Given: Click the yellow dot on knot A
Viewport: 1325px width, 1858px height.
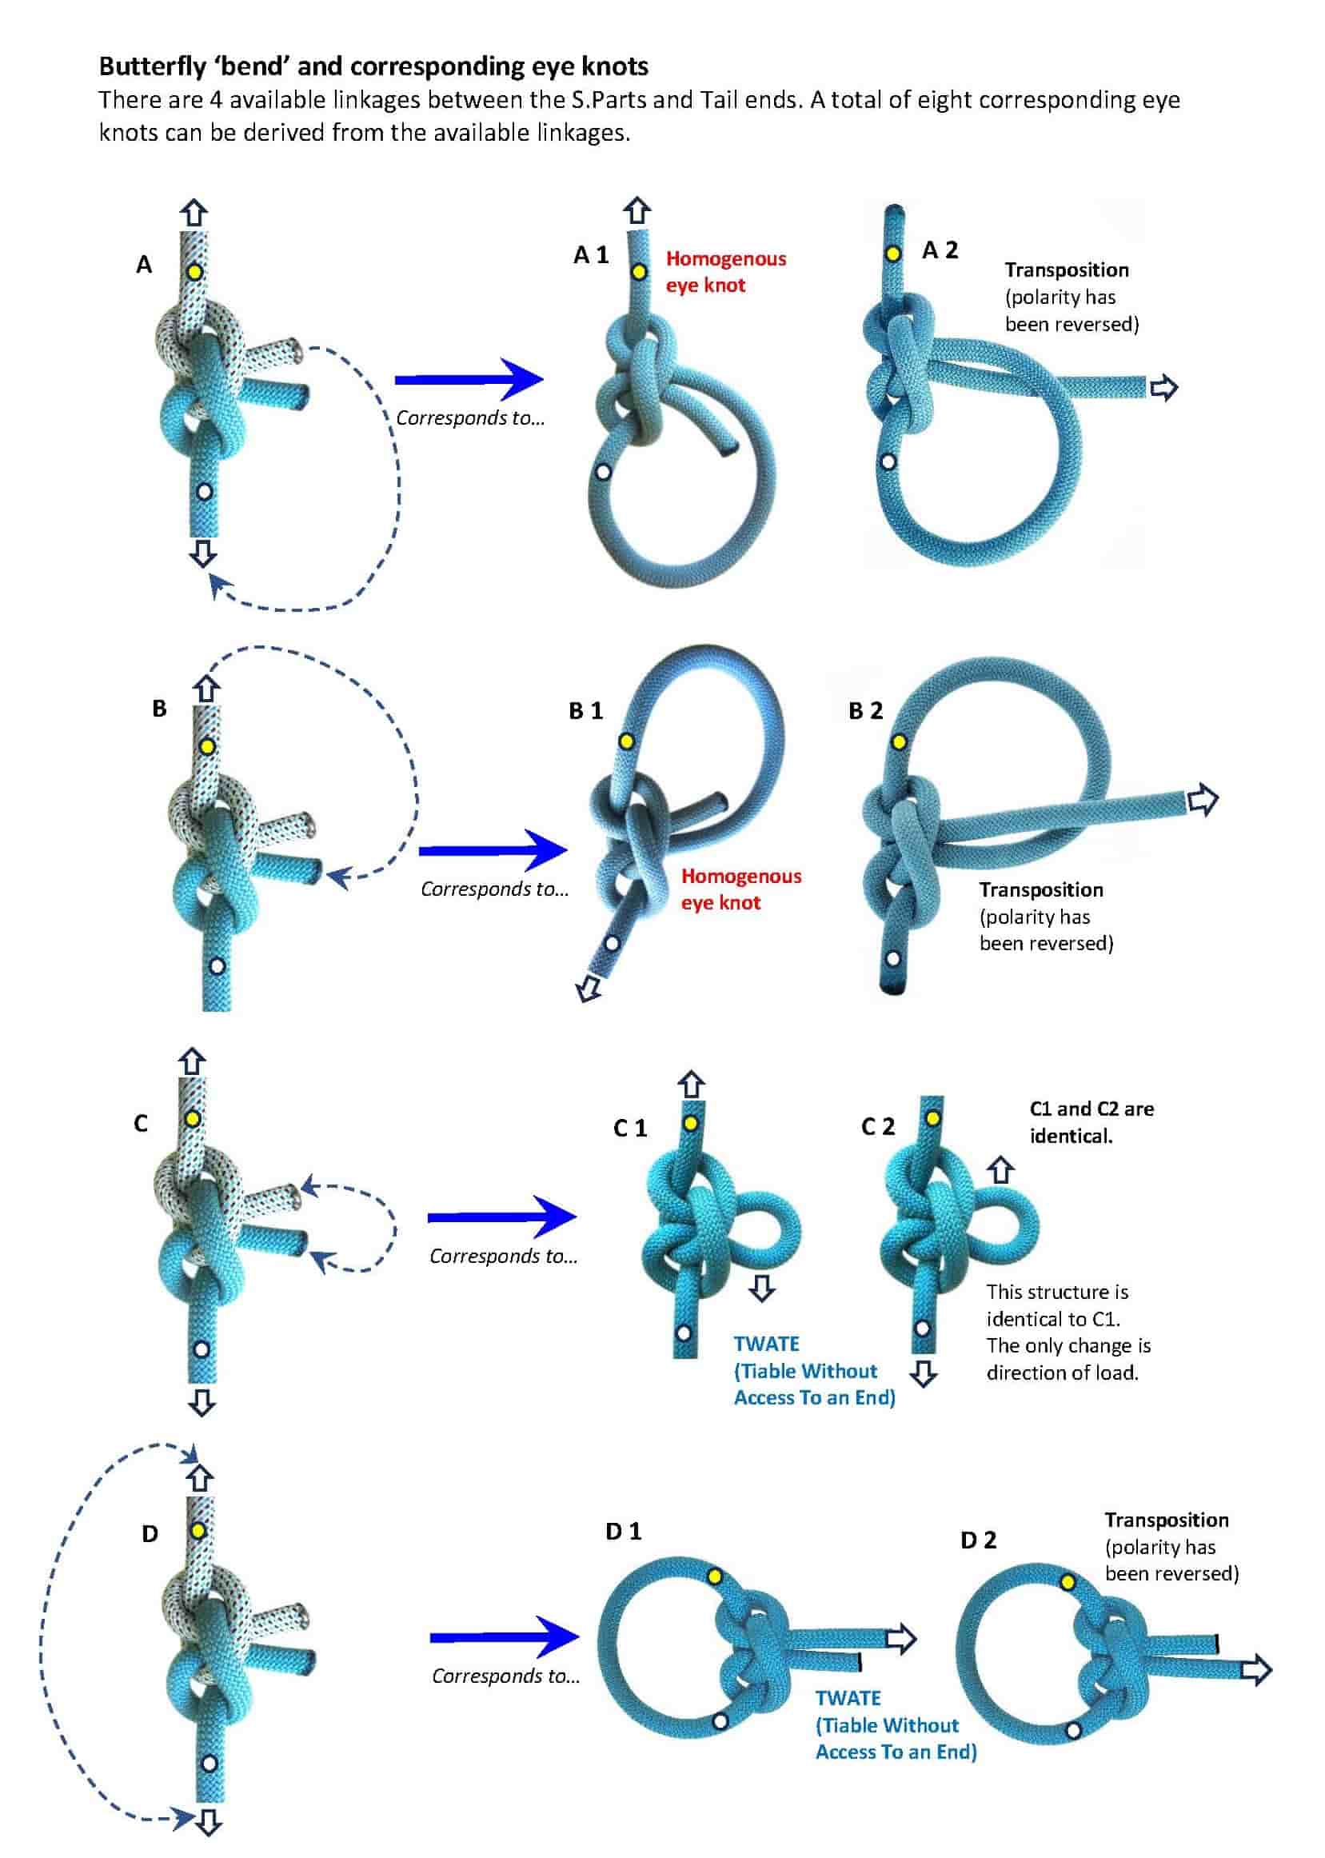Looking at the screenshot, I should pyautogui.click(x=194, y=271).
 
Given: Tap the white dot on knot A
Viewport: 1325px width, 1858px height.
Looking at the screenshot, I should pyautogui.click(x=204, y=491).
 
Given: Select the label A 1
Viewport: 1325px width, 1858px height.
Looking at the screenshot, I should pyautogui.click(x=591, y=255).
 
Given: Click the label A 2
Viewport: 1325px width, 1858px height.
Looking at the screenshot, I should pyautogui.click(x=940, y=250).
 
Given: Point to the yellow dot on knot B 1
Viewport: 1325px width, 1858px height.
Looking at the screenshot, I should pyautogui.click(x=626, y=741).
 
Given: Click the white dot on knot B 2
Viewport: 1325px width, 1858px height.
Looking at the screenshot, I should pyautogui.click(x=894, y=958).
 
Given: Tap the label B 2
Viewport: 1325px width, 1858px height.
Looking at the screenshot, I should pyautogui.click(x=866, y=711).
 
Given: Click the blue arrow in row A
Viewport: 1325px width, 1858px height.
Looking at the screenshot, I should pyautogui.click(x=469, y=378).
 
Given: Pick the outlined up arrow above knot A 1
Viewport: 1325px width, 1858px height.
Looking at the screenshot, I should pyautogui.click(x=637, y=210).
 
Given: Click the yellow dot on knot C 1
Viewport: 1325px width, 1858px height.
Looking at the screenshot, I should pyautogui.click(x=690, y=1124).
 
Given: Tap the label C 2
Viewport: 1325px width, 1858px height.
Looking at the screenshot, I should pyautogui.click(x=878, y=1127).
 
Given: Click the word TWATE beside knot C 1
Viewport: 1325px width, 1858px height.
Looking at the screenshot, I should pyautogui.click(x=766, y=1344).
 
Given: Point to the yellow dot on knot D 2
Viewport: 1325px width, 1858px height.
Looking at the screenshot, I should pyautogui.click(x=1068, y=1582).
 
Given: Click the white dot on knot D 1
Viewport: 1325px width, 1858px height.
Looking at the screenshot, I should pyautogui.click(x=720, y=1722).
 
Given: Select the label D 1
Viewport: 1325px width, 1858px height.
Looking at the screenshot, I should pyautogui.click(x=624, y=1532).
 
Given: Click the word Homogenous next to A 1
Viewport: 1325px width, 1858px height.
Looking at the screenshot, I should pyautogui.click(x=725, y=258).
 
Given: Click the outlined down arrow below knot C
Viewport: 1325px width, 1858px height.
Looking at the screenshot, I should pyautogui.click(x=202, y=1403).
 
